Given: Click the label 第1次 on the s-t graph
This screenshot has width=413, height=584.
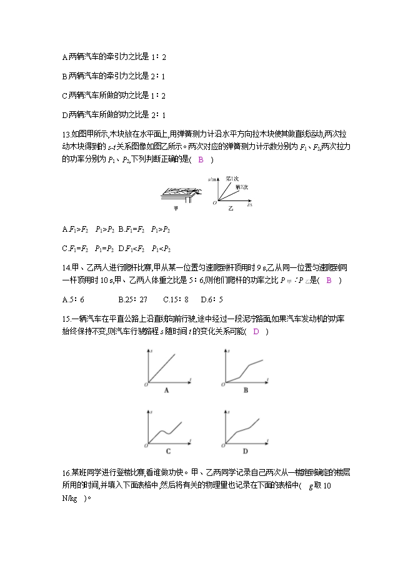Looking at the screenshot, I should [x=231, y=179].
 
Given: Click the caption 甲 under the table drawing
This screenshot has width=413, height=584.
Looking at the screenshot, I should [x=175, y=209].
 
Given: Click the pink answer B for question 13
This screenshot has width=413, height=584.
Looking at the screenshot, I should [x=201, y=160].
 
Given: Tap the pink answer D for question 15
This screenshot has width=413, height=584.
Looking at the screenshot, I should [x=256, y=331].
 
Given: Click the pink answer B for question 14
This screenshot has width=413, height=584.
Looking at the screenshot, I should [x=329, y=280].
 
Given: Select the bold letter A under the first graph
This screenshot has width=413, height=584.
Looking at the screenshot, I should [x=167, y=390].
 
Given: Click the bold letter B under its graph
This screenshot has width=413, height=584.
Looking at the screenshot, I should [x=246, y=390].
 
